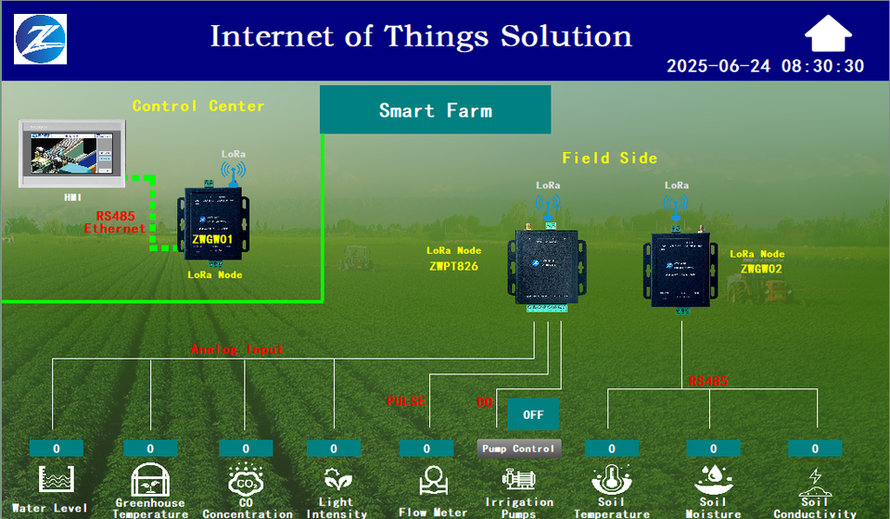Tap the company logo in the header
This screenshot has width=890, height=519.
tap(41, 38)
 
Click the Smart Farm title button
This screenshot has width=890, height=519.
tap(435, 110)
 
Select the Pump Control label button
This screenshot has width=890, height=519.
tap(519, 449)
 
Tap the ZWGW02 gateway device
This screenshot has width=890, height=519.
tap(683, 270)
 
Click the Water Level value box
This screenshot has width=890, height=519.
tap(56, 449)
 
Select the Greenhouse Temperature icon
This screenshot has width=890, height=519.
tap(149, 480)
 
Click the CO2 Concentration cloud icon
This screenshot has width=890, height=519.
tap(246, 480)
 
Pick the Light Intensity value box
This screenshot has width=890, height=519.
tap(334, 449)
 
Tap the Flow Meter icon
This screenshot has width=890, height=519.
tap(432, 480)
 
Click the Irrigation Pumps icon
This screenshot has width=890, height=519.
tap(518, 479)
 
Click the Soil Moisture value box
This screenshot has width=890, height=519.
tap(713, 449)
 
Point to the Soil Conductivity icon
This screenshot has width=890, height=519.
tap(815, 480)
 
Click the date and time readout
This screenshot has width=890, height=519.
tap(765, 66)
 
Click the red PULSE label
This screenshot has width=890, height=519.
tap(405, 401)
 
